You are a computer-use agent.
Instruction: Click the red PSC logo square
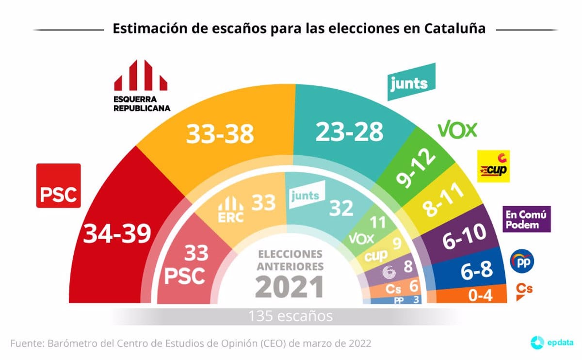pyautogui.click(x=59, y=186)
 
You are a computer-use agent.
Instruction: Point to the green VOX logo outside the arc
pyautogui.click(x=457, y=129)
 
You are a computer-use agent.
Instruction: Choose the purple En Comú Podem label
pyautogui.click(x=527, y=219)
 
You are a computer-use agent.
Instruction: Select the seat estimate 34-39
pyautogui.click(x=117, y=235)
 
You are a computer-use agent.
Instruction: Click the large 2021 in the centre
pyautogui.click(x=290, y=286)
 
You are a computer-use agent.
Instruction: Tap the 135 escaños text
pyautogui.click(x=291, y=316)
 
